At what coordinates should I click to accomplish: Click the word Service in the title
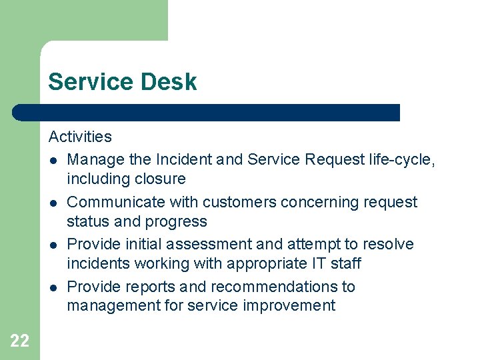(x=89, y=82)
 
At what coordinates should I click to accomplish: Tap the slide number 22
(x=20, y=341)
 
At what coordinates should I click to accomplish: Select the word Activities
(x=80, y=137)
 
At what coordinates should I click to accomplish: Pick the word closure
(x=159, y=179)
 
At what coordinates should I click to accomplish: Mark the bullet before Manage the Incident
(x=53, y=161)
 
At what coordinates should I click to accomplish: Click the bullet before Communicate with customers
(x=53, y=203)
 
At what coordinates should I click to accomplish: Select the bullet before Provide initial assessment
(x=53, y=245)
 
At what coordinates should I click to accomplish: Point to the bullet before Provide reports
(x=53, y=287)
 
